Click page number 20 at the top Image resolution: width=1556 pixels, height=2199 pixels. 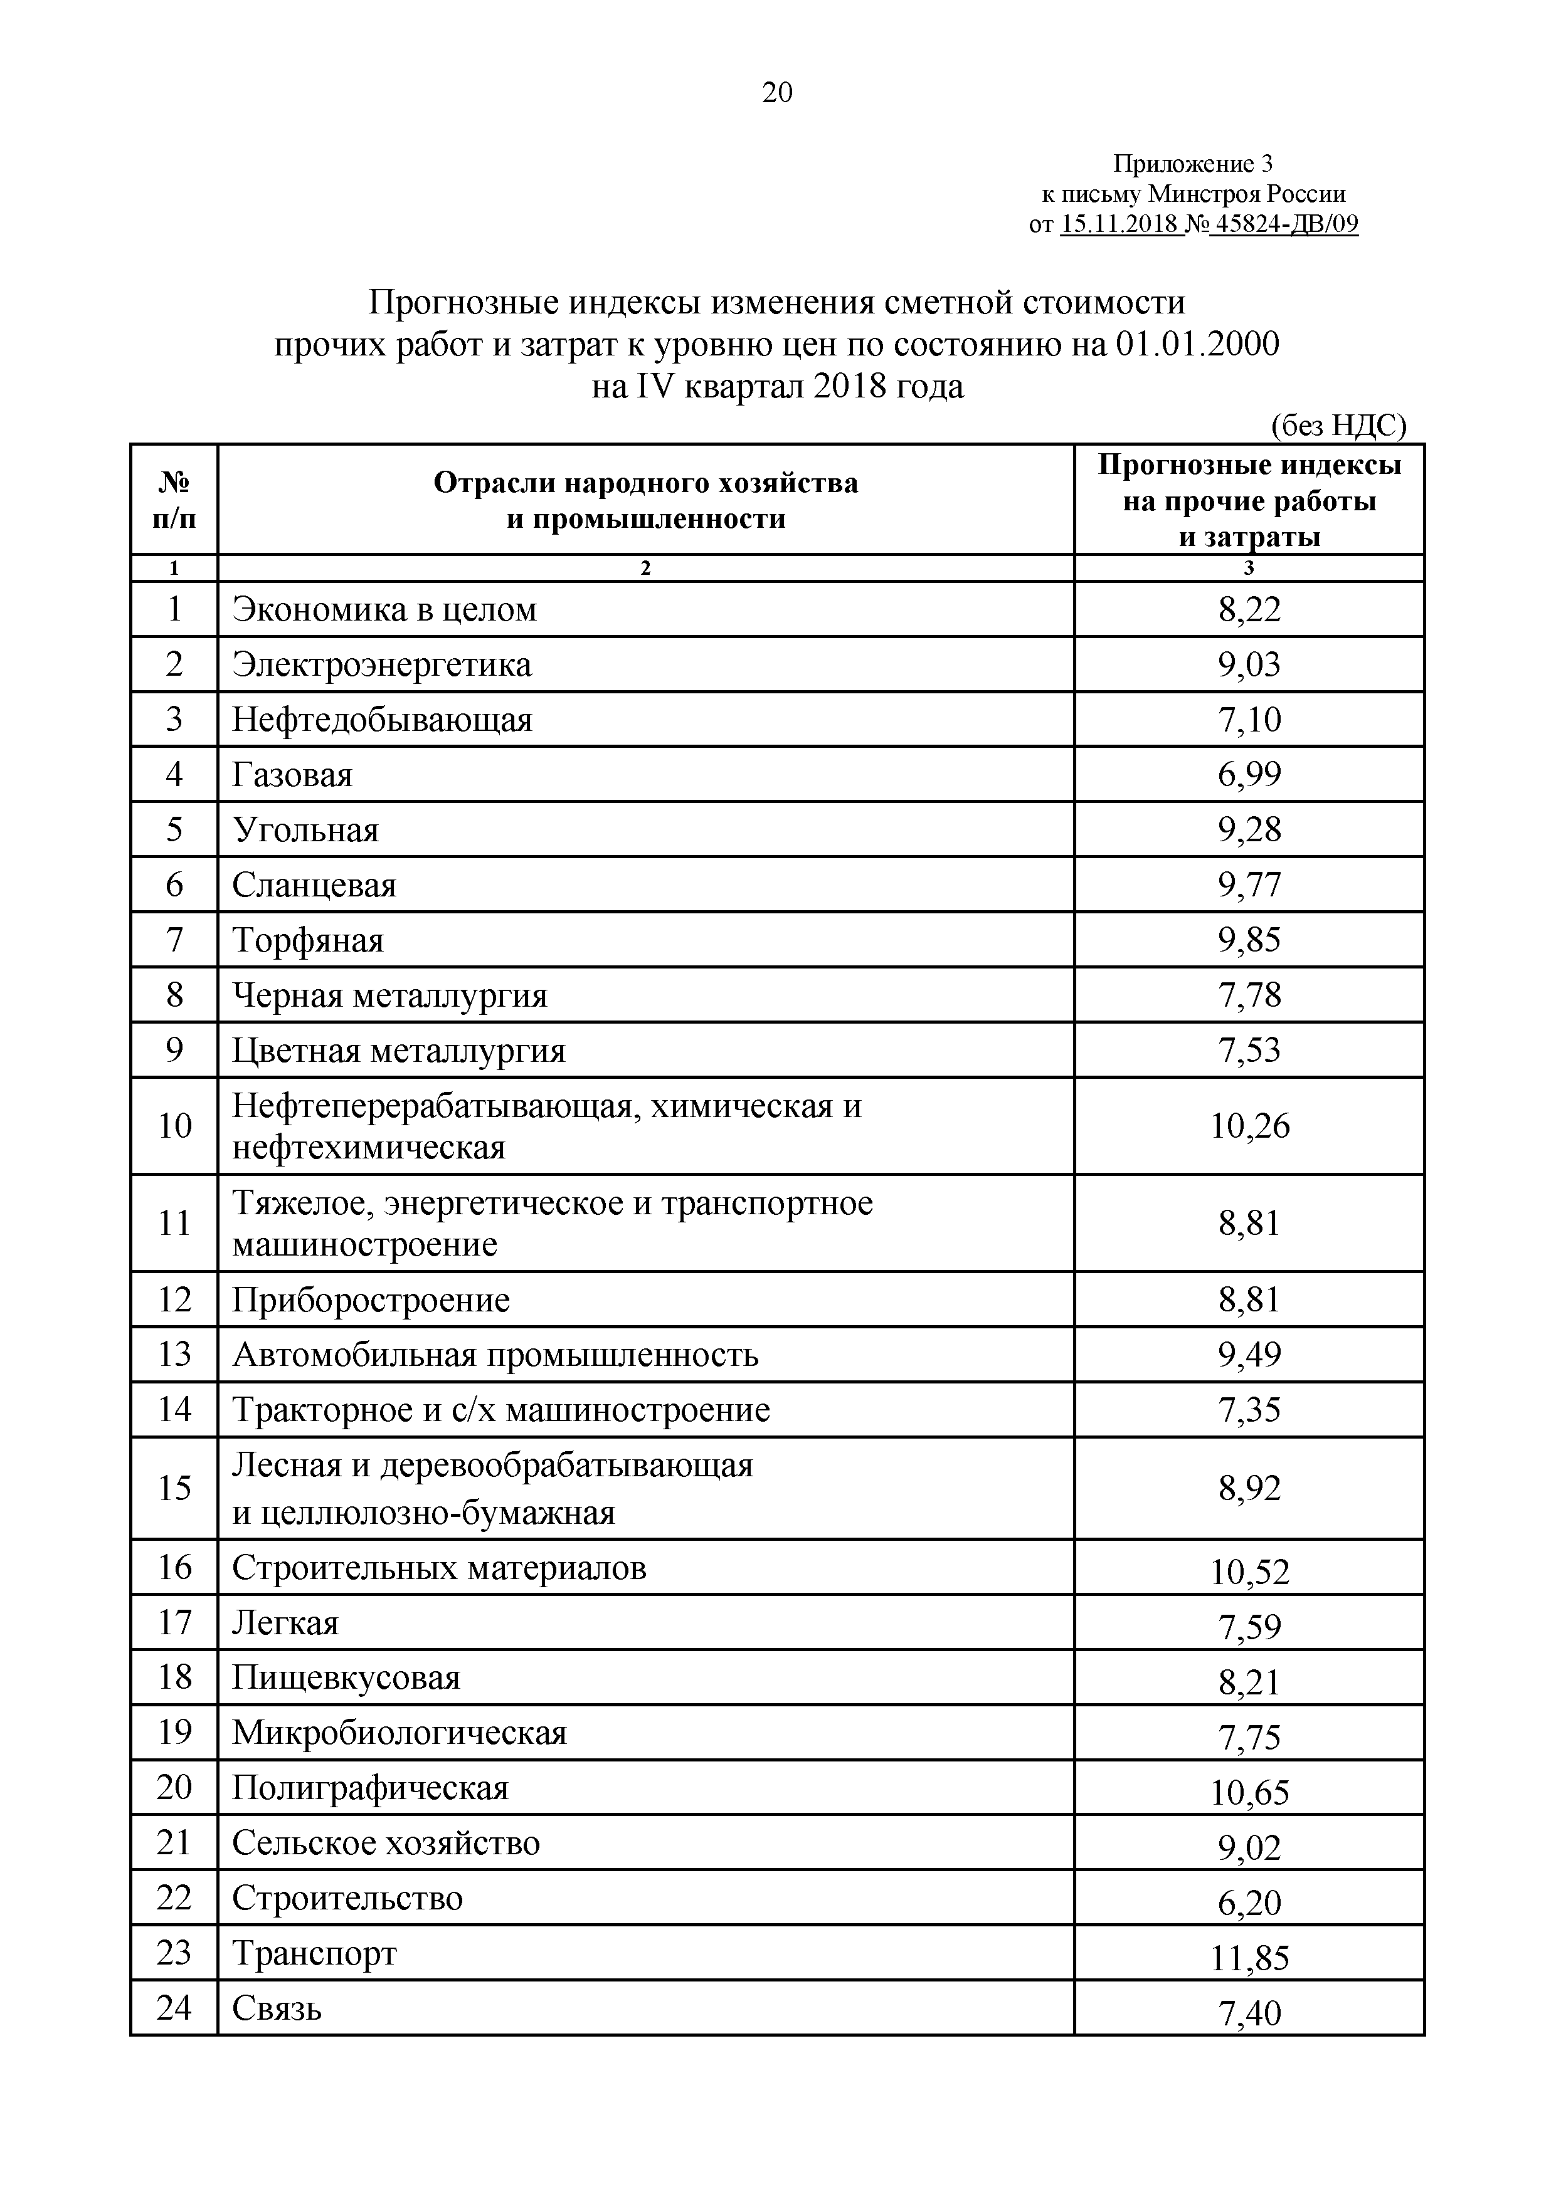click(x=777, y=92)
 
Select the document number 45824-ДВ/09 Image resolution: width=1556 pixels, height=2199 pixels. click(x=1284, y=224)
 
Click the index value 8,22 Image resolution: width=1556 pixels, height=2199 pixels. click(x=1249, y=609)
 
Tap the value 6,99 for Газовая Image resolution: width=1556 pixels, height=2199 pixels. click(x=1249, y=774)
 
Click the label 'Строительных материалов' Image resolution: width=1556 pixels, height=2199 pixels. click(x=439, y=1568)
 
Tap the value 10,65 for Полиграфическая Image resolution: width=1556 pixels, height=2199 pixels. click(x=1249, y=1792)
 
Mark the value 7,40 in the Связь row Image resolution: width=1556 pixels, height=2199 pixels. click(x=1249, y=2013)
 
